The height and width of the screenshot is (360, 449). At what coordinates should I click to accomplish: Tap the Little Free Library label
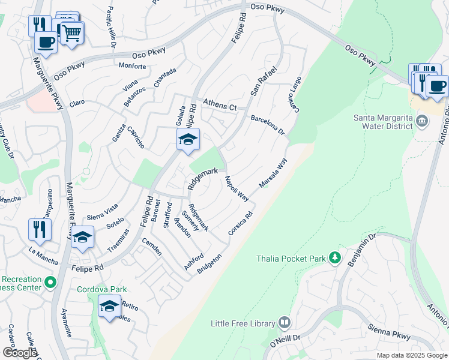[243, 323]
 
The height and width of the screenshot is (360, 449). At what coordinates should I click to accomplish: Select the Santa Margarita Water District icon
[422, 122]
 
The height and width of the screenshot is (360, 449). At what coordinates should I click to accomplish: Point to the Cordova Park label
[101, 289]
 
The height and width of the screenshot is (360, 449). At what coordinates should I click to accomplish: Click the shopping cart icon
[72, 34]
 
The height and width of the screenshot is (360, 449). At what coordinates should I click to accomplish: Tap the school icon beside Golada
[188, 140]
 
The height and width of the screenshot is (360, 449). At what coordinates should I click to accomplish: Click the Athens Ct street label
[220, 106]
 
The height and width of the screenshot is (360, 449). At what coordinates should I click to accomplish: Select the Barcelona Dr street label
[267, 125]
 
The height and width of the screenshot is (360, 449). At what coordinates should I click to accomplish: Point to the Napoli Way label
[237, 188]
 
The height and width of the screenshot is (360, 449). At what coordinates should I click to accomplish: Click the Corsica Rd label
[241, 223]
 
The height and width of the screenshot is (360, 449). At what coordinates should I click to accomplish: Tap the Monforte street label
[133, 66]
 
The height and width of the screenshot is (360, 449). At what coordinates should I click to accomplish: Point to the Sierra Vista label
[103, 208]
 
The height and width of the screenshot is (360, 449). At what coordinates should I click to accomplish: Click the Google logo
[19, 353]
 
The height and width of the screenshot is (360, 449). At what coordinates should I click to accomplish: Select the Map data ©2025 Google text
[411, 355]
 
